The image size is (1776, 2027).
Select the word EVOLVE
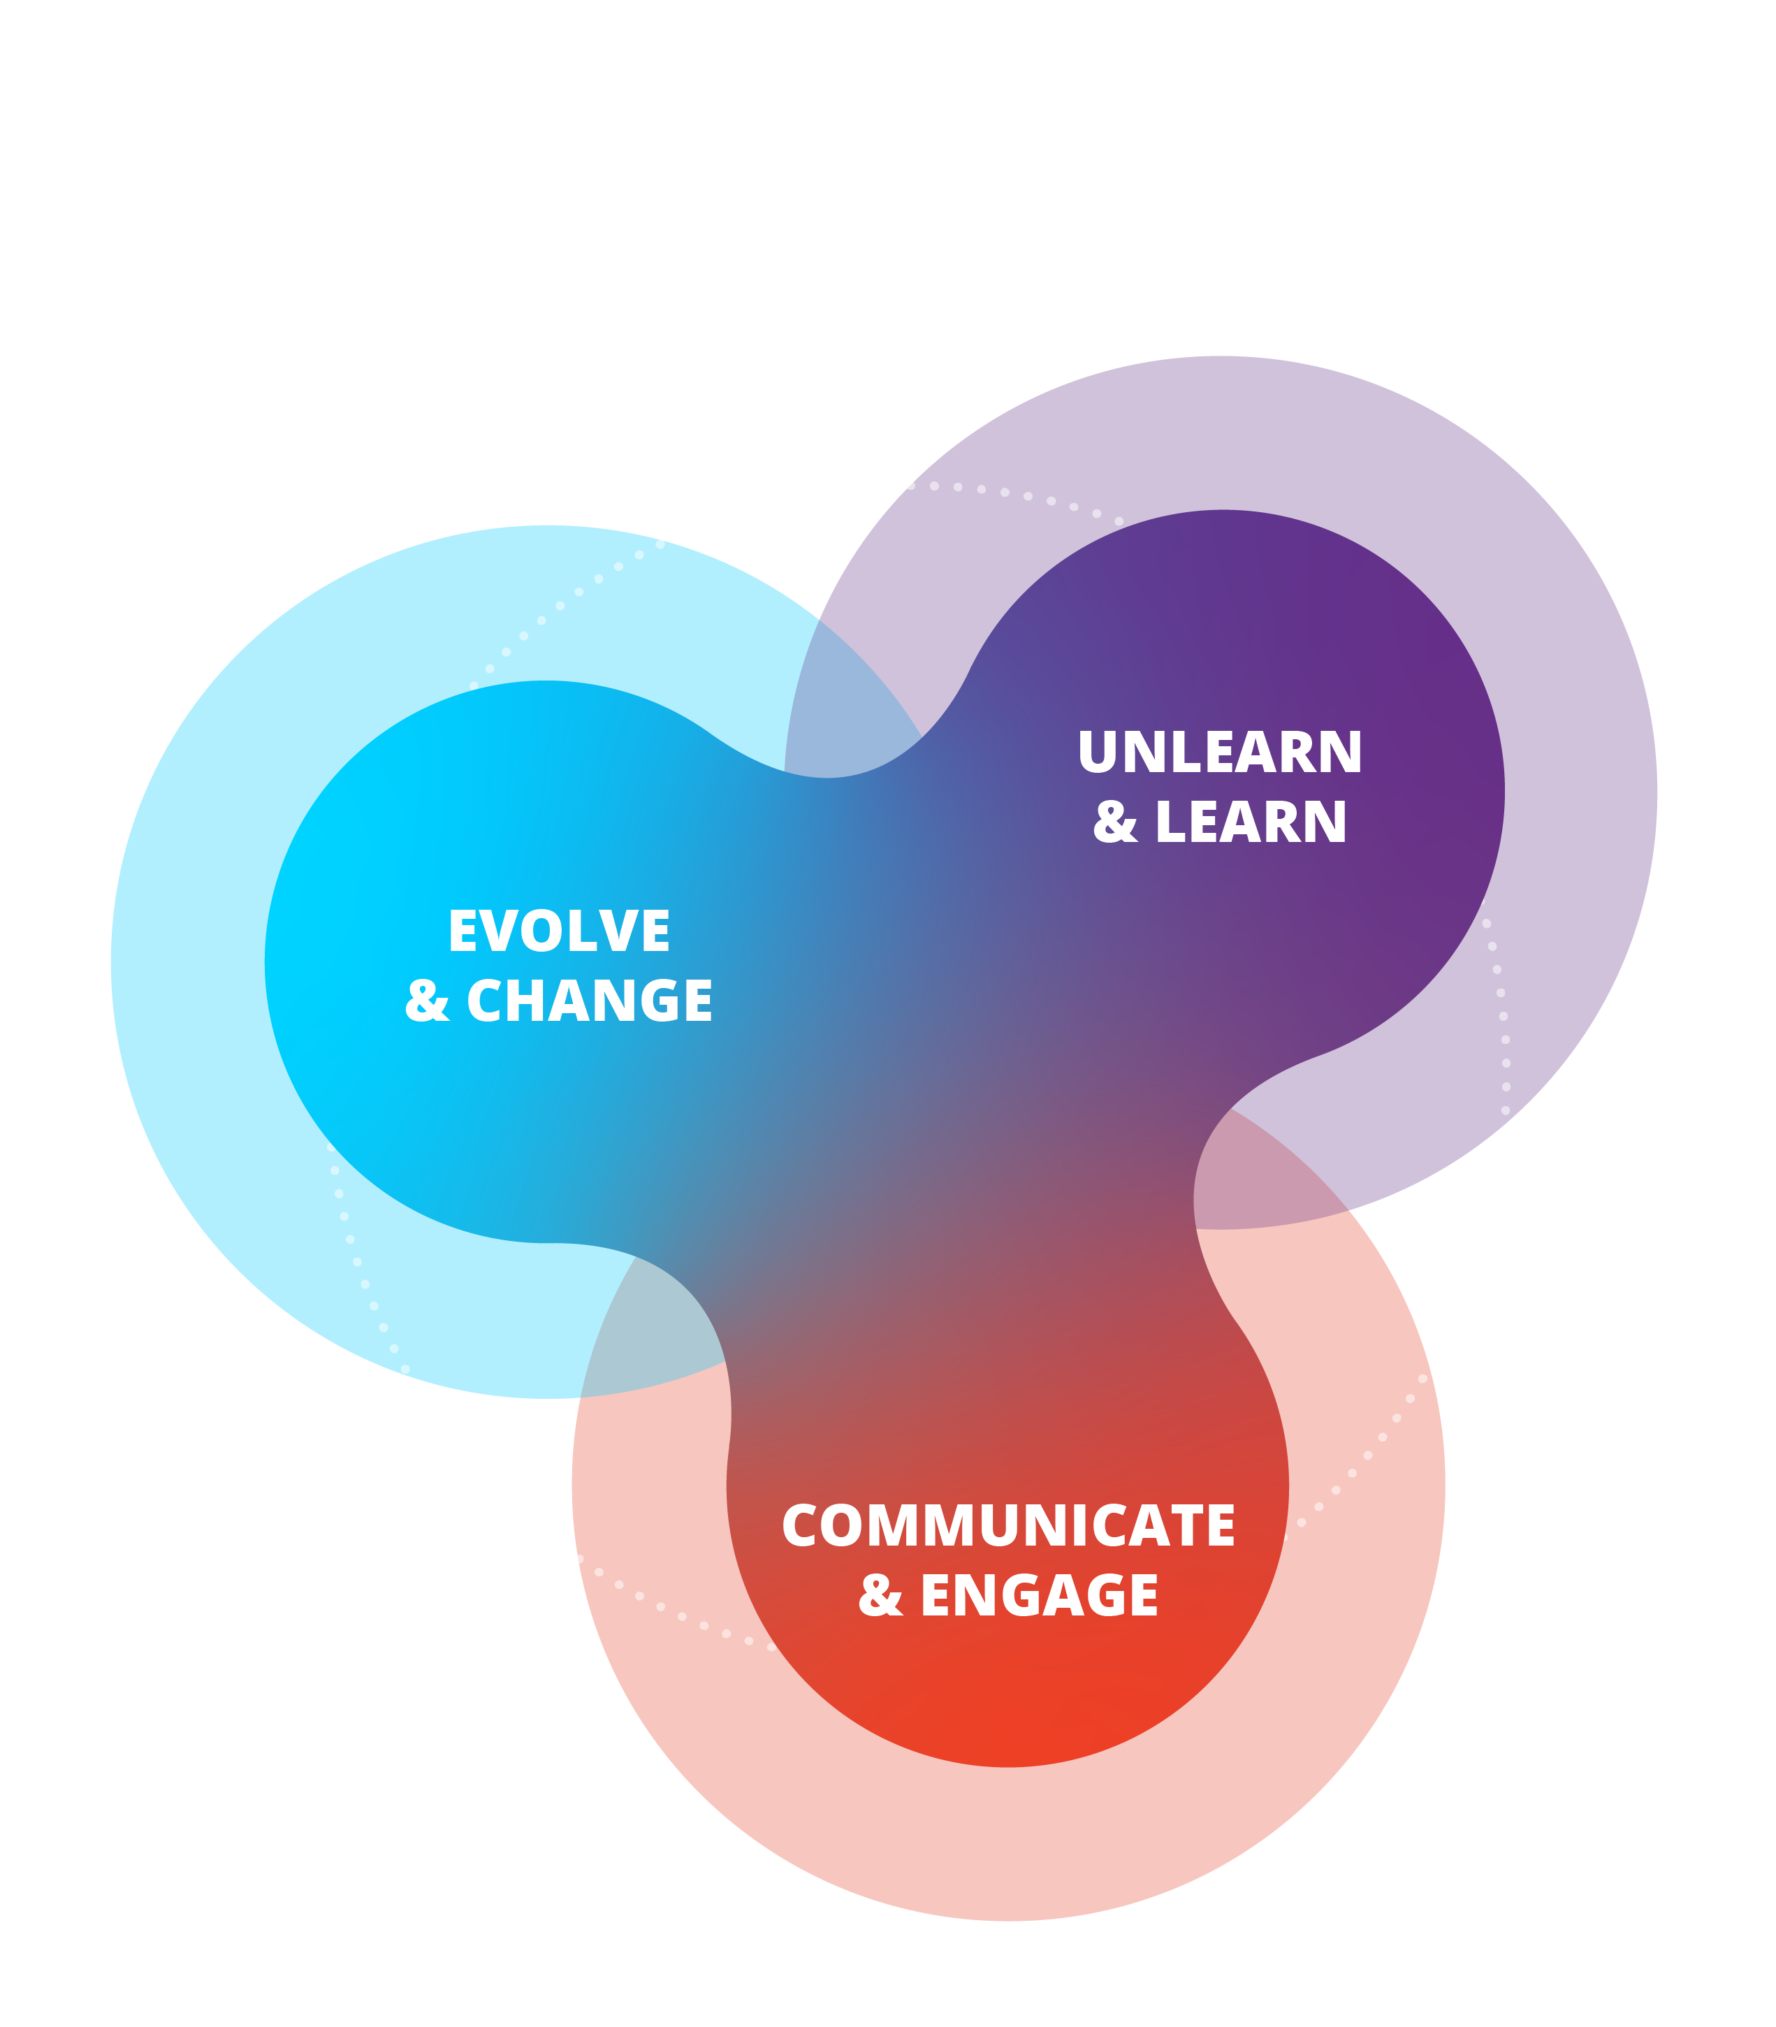pyautogui.click(x=559, y=931)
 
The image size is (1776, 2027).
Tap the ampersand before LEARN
pyautogui.click(x=1115, y=822)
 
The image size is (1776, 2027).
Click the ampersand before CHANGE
pyautogui.click(x=427, y=1001)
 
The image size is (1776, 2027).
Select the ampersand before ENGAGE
pyautogui.click(x=880, y=1596)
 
